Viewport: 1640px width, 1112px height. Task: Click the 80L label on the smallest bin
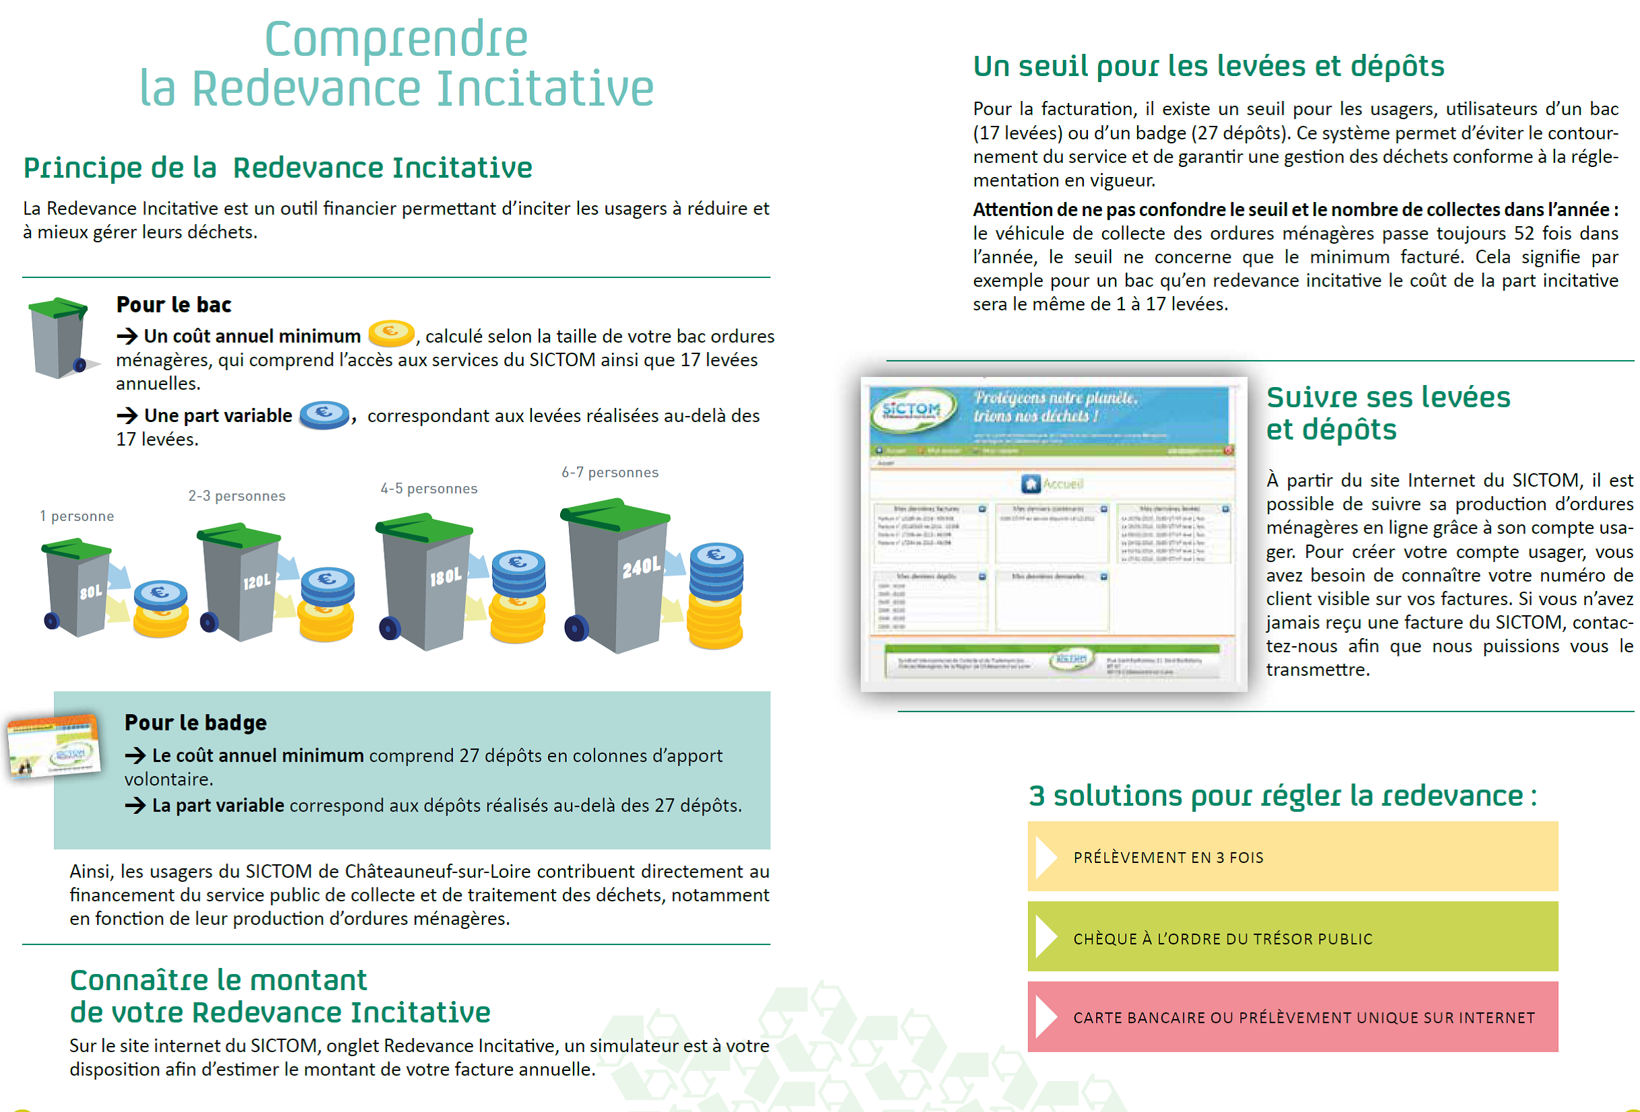(x=91, y=591)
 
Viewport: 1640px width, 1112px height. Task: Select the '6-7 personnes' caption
(x=610, y=472)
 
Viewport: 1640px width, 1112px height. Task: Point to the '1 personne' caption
(x=76, y=516)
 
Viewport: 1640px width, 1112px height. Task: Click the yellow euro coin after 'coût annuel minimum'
(x=391, y=333)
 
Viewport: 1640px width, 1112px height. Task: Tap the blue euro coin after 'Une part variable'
(x=324, y=413)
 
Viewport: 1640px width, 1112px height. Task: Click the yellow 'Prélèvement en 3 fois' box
(x=1292, y=857)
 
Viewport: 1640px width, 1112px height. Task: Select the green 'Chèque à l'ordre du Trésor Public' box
(x=1292, y=937)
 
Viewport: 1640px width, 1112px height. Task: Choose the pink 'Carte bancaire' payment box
(x=1292, y=1016)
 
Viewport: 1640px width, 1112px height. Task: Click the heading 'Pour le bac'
(x=174, y=304)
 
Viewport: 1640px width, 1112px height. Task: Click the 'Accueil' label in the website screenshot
(x=1063, y=484)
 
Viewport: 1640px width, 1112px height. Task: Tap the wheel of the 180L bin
(x=390, y=628)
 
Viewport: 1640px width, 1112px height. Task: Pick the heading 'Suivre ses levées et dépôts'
(x=1387, y=413)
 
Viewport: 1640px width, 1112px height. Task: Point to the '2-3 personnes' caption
(x=236, y=496)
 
